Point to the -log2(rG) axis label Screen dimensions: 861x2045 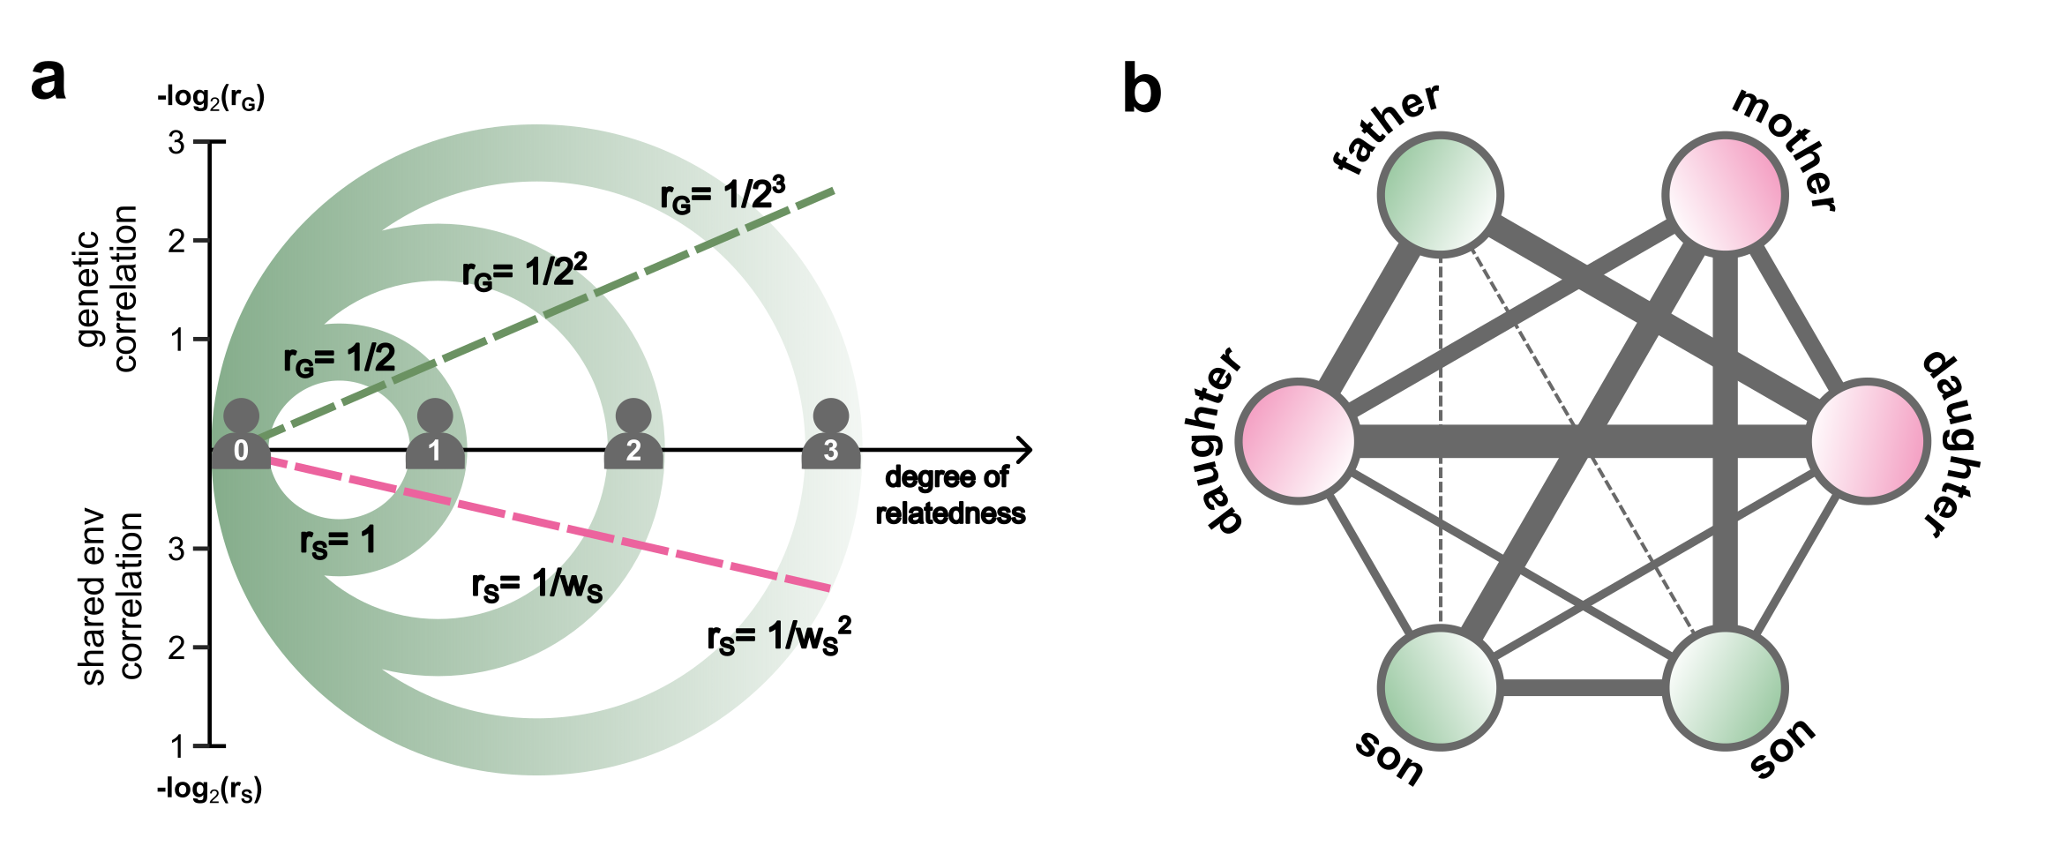click(211, 97)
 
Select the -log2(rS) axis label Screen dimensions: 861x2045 click(209, 789)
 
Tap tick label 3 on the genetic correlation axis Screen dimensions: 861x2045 click(176, 141)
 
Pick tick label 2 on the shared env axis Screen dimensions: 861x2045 click(176, 648)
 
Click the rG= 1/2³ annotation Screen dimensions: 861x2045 click(723, 195)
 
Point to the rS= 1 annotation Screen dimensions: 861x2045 click(338, 542)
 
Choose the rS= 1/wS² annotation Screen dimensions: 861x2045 click(779, 637)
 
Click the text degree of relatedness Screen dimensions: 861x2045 click(949, 495)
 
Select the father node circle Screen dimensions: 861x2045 click(1441, 194)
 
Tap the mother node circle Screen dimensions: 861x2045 click(1725, 194)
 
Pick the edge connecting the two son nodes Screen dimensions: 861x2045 click(1581, 687)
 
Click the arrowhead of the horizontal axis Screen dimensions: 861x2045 click(1025, 450)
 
